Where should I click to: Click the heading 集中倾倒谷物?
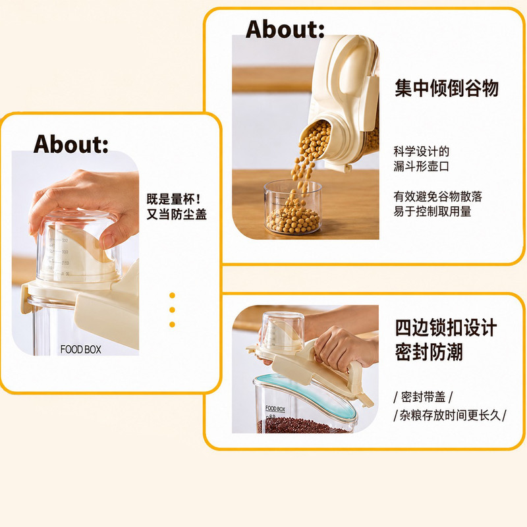click(x=447, y=88)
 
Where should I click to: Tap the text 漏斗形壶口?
click(x=421, y=167)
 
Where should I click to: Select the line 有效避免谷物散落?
click(x=437, y=196)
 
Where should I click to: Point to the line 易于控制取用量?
click(x=432, y=211)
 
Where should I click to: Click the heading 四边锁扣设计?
click(x=446, y=327)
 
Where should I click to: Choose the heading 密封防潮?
click(x=429, y=352)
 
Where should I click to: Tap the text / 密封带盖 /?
click(x=423, y=397)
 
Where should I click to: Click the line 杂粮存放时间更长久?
click(x=450, y=416)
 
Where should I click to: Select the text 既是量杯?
click(x=173, y=199)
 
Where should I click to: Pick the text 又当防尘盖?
click(x=177, y=214)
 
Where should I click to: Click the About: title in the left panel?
click(x=71, y=144)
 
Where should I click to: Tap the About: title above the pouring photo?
click(x=285, y=29)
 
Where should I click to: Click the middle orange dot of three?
click(x=173, y=310)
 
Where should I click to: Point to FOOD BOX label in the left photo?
click(x=80, y=350)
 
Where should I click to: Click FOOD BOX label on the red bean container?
click(x=275, y=408)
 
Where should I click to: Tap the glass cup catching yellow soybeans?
click(x=293, y=208)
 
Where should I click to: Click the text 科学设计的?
click(x=421, y=152)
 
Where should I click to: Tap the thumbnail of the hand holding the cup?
click(x=76, y=253)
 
